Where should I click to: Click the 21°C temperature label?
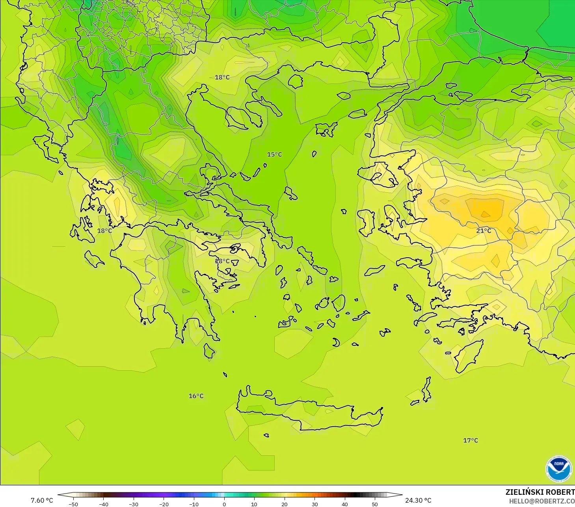point(484,231)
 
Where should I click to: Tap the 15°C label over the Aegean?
point(274,154)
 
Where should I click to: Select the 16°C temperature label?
point(196,396)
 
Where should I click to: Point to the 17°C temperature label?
point(470,440)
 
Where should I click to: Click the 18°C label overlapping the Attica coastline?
point(222,261)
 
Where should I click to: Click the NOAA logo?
point(558,468)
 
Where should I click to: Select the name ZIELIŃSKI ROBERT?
point(540,492)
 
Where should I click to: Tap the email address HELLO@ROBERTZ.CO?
point(542,501)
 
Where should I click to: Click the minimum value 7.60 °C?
point(42,500)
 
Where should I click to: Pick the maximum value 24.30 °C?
point(418,500)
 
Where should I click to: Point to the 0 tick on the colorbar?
point(224,504)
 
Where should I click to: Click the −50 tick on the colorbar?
point(73,504)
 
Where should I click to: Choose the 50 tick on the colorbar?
point(375,504)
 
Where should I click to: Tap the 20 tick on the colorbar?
point(284,504)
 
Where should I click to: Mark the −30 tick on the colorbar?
point(133,504)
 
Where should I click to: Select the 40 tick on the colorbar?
point(345,504)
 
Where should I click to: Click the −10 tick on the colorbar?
point(194,504)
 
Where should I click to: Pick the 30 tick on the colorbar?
point(314,504)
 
